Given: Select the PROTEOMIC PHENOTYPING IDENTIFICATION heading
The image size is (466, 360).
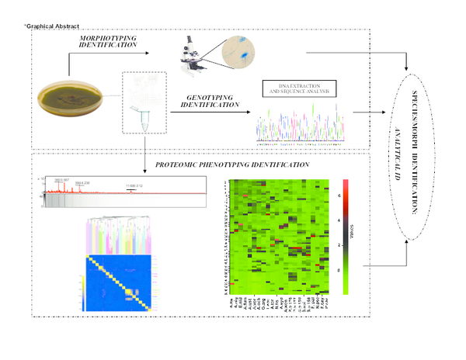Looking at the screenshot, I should pyautogui.click(x=233, y=164).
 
